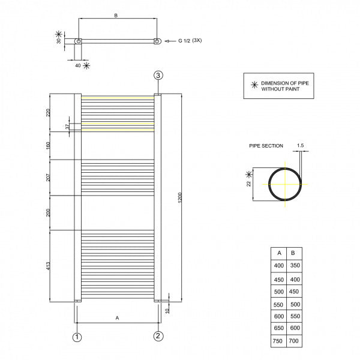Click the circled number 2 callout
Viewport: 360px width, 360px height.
[157, 336]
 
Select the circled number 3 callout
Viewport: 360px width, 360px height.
[158, 75]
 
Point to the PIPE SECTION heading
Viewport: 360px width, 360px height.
[266, 146]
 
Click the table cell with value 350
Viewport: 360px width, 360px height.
[295, 265]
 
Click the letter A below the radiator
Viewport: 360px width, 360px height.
[117, 317]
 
